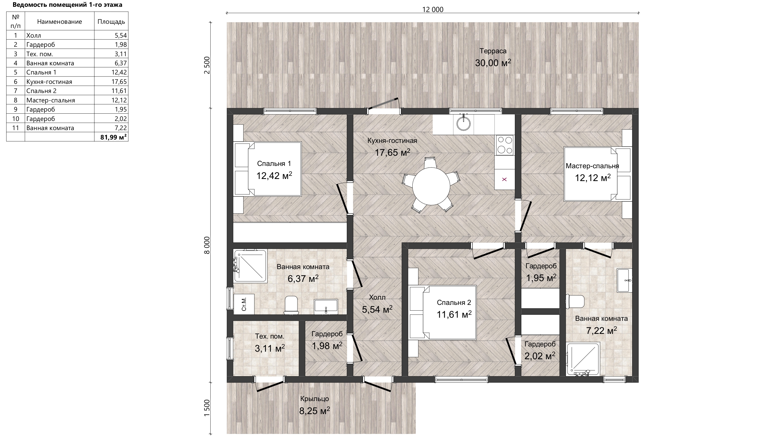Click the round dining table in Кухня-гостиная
point(431,186)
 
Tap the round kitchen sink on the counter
point(463,123)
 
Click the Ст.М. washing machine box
point(244,304)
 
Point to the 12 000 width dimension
point(433,9)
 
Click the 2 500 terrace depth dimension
point(207,65)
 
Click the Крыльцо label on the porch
point(314,399)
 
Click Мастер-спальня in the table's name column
point(50,100)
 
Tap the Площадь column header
point(111,22)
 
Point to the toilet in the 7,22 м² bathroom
point(575,301)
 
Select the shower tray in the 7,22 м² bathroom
point(583,358)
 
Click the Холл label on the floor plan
point(377,297)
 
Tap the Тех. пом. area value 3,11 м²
point(270,348)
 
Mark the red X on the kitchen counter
point(504,179)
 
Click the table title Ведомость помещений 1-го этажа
point(67,4)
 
